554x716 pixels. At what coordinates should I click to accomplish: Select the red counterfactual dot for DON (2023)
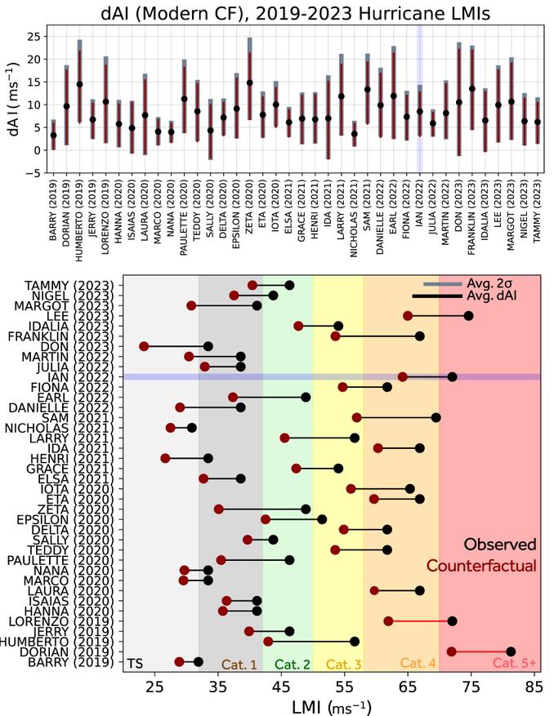tap(144, 346)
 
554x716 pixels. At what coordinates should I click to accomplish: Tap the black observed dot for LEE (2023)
tap(468, 315)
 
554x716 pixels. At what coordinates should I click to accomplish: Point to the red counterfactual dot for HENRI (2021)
tap(165, 458)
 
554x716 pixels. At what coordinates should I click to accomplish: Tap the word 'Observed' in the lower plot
tap(500, 544)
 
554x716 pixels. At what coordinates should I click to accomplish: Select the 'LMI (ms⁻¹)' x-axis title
tap(332, 704)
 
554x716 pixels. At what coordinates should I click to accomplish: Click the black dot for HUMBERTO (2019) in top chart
tap(79, 84)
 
